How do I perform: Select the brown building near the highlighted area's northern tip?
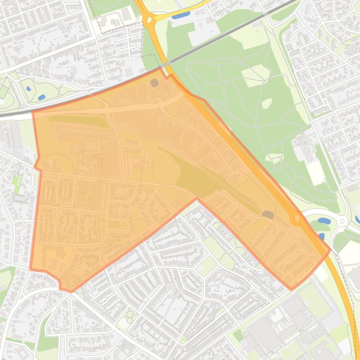tap(154, 83)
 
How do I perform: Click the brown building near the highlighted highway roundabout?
tap(267, 214)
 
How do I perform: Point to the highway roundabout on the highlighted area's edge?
tap(296, 218)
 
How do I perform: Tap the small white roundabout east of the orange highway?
tap(342, 221)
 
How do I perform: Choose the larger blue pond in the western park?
tap(42, 97)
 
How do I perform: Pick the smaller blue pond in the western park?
tap(29, 88)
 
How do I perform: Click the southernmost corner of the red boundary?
tap(71, 292)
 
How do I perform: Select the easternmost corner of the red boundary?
tap(330, 250)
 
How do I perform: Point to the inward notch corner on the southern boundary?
tap(197, 198)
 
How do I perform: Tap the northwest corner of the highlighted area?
tap(32, 112)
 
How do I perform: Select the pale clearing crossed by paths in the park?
tap(256, 75)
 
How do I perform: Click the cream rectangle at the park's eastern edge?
tap(316, 174)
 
